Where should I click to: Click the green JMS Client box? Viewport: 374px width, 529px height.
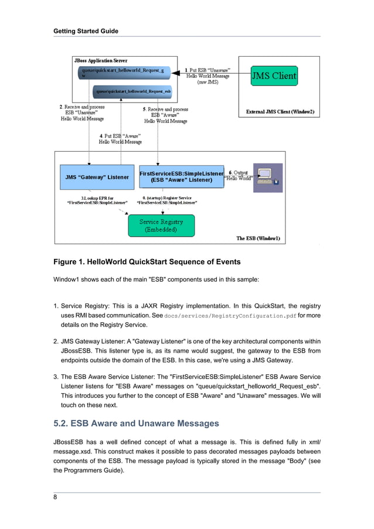click(x=274, y=76)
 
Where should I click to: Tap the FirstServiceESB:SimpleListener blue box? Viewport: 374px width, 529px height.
click(x=181, y=176)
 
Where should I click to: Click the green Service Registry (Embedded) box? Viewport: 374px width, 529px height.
click(x=161, y=226)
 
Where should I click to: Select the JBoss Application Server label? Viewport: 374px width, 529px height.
click(x=100, y=60)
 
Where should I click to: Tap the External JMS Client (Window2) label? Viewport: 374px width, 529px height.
click(x=280, y=111)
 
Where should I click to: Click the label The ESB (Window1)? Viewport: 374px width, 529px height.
click(x=258, y=238)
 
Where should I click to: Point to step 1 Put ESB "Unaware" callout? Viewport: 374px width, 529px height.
click(x=208, y=76)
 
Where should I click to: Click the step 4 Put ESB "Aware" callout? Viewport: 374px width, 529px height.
click(x=120, y=138)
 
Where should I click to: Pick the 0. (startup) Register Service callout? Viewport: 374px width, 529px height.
click(x=167, y=200)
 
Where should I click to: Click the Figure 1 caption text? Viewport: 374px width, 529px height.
click(x=147, y=261)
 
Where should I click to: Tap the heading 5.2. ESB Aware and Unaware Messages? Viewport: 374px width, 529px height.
click(x=136, y=423)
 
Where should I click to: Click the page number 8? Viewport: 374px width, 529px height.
click(x=56, y=497)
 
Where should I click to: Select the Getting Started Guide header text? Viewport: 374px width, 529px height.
click(x=86, y=31)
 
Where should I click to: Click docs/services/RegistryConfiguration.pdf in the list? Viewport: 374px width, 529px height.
click(x=229, y=316)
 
